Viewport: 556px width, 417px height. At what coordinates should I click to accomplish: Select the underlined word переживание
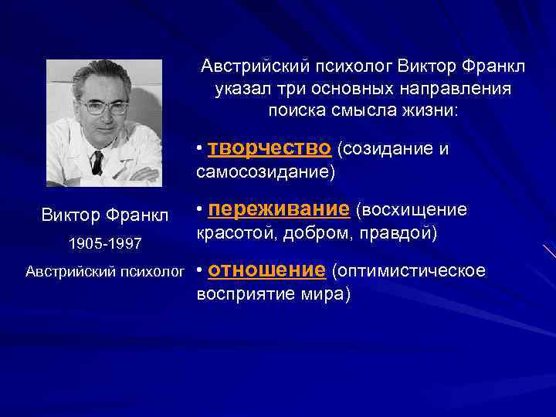click(279, 209)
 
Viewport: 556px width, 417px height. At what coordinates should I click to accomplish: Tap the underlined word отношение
click(266, 270)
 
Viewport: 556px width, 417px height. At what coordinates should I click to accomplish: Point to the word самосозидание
click(266, 171)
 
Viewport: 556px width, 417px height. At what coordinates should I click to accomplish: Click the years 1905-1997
click(105, 243)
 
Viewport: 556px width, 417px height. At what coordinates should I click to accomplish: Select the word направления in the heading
click(459, 88)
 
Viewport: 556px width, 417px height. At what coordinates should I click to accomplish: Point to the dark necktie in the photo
click(97, 161)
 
